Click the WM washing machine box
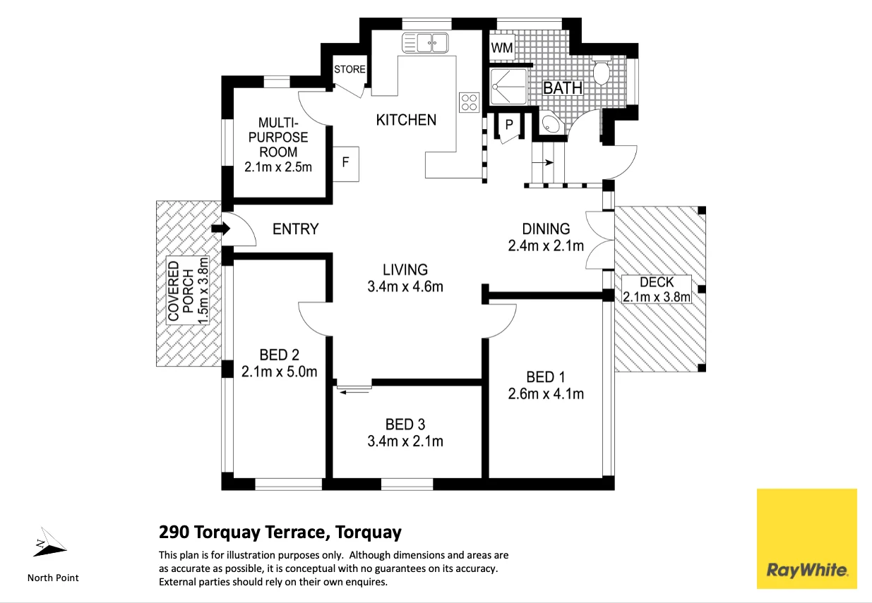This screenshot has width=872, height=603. [x=502, y=47]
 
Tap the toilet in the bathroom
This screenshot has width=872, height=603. [x=602, y=70]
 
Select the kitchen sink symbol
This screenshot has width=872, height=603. [x=425, y=43]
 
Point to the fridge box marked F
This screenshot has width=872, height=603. [x=346, y=164]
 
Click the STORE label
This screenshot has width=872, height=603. [x=350, y=69]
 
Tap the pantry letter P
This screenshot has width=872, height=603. [x=509, y=124]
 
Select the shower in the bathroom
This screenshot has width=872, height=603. [x=508, y=86]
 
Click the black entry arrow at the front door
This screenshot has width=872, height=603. [x=221, y=229]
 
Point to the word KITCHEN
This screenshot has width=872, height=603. [x=406, y=120]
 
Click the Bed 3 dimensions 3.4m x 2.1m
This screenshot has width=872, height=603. [x=405, y=441]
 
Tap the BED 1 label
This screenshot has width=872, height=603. [x=545, y=377]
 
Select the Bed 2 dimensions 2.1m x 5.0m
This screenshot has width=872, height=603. [x=279, y=372]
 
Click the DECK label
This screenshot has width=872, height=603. [x=657, y=282]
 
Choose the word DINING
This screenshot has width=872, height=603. [x=546, y=229]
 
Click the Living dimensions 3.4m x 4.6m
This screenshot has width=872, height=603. [x=405, y=286]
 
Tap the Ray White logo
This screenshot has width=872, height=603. [x=806, y=538]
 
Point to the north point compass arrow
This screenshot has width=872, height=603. [x=49, y=542]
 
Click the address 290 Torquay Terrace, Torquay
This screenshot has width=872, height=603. [x=280, y=532]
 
